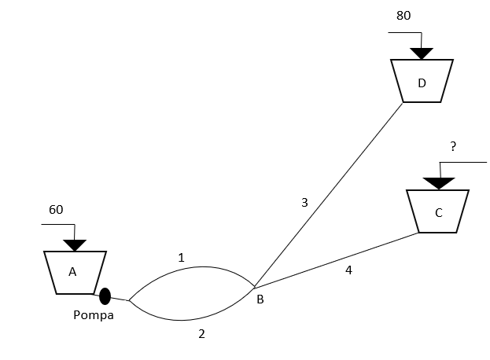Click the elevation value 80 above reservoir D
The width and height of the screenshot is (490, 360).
(x=403, y=15)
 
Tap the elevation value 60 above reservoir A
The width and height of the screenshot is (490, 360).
(x=56, y=210)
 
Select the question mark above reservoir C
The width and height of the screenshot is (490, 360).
(x=453, y=146)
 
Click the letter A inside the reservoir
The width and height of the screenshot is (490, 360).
(x=72, y=272)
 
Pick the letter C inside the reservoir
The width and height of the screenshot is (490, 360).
(x=438, y=212)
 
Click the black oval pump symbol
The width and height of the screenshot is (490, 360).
(x=105, y=296)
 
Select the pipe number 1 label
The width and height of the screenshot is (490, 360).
(x=181, y=257)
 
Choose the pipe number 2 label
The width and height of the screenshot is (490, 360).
(x=201, y=333)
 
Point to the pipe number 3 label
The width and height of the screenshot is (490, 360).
(x=304, y=203)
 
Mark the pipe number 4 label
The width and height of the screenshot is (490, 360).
(x=348, y=270)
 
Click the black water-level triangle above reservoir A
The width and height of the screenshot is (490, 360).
(x=75, y=245)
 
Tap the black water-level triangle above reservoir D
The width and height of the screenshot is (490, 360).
(x=422, y=53)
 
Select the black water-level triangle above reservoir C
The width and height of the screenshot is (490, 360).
(x=438, y=183)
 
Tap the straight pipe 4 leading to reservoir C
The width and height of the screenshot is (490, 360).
(x=338, y=259)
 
